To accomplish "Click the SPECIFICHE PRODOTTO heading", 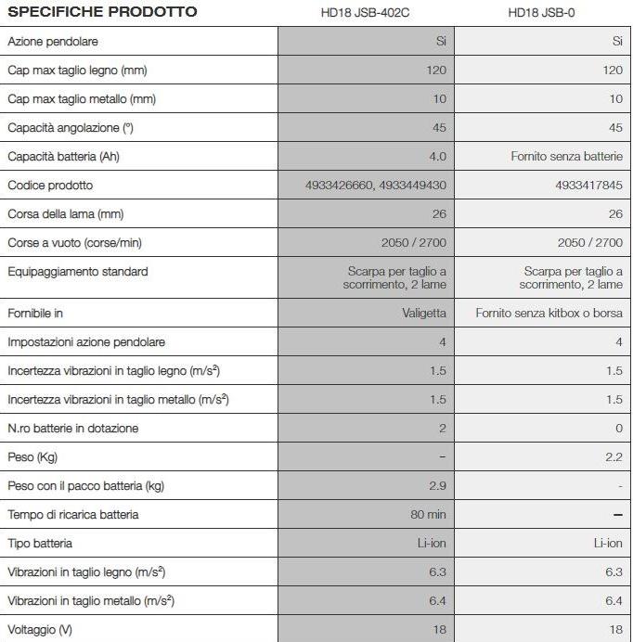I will point(102,12).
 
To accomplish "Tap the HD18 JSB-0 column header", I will point(542,13).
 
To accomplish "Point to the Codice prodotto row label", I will point(50,185).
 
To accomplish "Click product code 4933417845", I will point(588,185).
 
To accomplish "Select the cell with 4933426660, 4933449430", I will point(375,185).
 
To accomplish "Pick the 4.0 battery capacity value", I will point(437,156).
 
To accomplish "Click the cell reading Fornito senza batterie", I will point(566,156).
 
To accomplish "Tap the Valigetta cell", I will point(422,314).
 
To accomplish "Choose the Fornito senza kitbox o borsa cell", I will point(549,314).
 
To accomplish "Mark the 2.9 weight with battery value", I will point(437,485).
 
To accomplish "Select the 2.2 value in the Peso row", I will point(614,456).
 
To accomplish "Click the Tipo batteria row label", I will point(40,543).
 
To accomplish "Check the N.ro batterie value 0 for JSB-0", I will point(618,428).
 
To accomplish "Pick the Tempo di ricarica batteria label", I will point(73,514).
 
